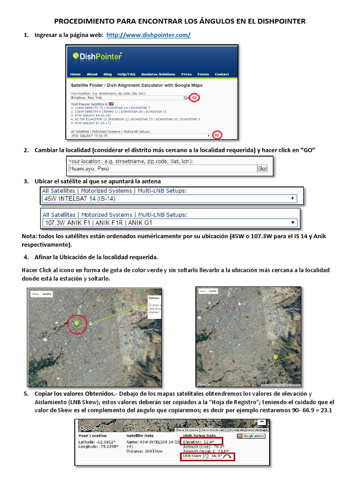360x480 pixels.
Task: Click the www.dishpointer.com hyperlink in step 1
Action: point(149,35)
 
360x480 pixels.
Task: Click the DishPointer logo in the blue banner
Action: point(97,57)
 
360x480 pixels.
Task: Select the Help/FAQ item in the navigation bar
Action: point(126,74)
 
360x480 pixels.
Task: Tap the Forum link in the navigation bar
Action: point(203,74)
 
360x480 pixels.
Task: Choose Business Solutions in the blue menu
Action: point(158,74)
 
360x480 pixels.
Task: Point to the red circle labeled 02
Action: point(195,98)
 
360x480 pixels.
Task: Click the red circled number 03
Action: point(217,135)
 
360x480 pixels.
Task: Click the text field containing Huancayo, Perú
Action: point(162,168)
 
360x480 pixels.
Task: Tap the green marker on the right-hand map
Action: point(275,358)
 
